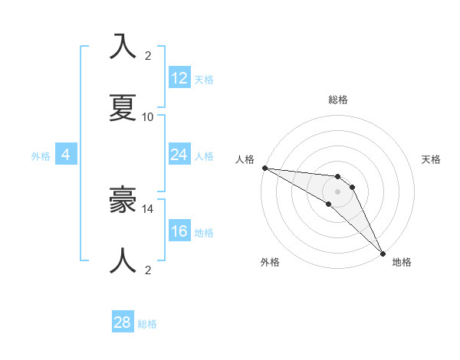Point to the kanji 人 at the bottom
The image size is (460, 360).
[123, 260]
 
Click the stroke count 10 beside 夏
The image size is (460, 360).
[148, 117]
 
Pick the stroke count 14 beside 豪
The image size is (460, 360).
[148, 208]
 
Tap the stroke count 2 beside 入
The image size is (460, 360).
[148, 56]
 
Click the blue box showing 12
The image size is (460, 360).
[179, 78]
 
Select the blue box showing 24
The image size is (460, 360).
[179, 155]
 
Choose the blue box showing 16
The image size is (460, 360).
[179, 231]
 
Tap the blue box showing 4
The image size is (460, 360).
[65, 155]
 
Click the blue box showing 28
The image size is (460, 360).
[123, 322]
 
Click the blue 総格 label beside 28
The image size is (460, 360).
[147, 324]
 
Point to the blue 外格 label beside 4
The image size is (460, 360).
[41, 156]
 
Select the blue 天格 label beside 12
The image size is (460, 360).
[204, 80]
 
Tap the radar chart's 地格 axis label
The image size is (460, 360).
[402, 262]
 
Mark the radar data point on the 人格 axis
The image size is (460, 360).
[264, 168]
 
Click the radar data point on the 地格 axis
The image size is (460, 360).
[382, 253]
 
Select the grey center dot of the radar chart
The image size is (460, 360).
[337, 191]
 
